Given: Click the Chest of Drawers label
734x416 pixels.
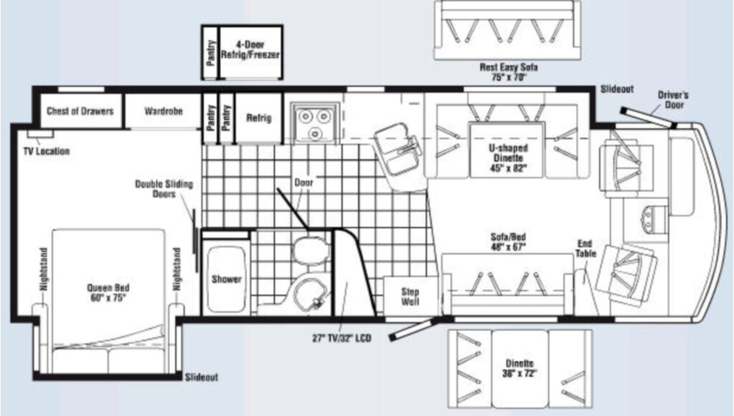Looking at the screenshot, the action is (80, 111).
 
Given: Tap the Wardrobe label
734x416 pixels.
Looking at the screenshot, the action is (163, 111).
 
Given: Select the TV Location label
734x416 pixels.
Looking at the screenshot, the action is (47, 151).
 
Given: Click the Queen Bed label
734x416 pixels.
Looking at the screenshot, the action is (108, 293).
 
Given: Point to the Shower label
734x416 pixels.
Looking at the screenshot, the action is (227, 279).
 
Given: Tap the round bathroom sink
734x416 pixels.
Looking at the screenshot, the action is (310, 293).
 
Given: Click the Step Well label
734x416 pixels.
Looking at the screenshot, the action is (410, 296).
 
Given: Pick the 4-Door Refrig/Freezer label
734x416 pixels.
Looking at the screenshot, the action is (250, 49).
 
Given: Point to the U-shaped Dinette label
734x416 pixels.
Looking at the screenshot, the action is (508, 158).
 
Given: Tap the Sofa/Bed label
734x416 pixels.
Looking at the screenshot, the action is (508, 242).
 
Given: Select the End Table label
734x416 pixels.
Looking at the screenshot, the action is (586, 248).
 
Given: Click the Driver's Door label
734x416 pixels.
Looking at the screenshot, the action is (673, 100).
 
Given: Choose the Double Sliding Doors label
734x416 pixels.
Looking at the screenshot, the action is (164, 189).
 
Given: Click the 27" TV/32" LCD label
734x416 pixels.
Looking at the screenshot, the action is (342, 338).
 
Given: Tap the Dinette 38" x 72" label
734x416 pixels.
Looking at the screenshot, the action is (520, 368).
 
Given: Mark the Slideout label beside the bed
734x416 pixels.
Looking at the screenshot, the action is (201, 377).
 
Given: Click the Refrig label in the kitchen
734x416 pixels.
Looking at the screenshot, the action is (259, 118).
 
